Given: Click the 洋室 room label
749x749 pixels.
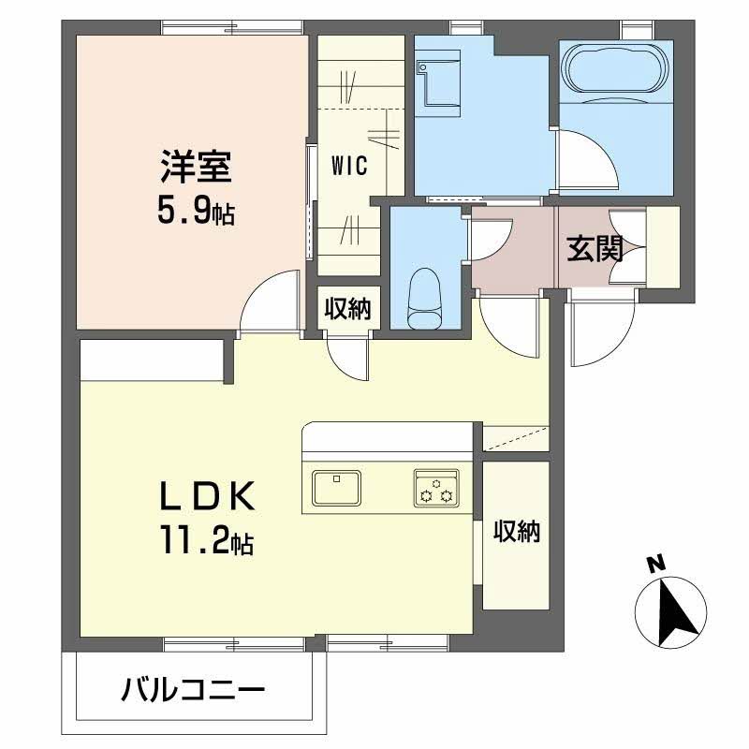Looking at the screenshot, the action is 196,167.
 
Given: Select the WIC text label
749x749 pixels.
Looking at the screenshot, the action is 349,166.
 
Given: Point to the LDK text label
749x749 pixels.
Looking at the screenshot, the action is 206,496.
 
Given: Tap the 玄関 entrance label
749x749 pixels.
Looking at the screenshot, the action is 595,248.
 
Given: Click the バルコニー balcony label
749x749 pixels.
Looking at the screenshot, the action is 193,690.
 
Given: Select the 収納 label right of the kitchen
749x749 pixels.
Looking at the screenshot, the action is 517,531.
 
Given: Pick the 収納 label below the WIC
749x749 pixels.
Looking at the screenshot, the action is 347,308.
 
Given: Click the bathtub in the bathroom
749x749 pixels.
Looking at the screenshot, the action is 616,67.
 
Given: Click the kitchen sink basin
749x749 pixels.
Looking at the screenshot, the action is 336,488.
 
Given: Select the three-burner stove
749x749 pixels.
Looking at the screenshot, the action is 436,488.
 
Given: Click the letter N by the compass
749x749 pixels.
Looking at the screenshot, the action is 657,565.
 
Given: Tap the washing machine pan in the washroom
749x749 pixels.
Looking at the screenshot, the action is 437,88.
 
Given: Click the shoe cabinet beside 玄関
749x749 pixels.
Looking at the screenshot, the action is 663,247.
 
